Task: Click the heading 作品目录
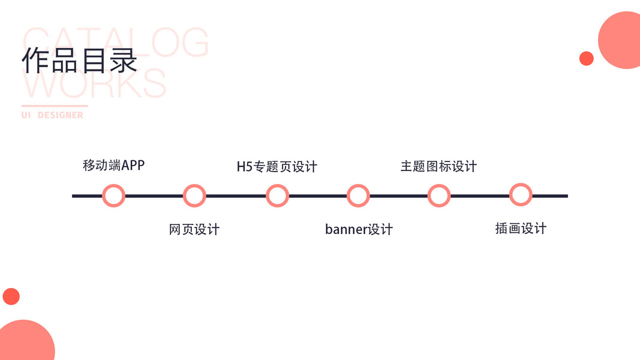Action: [80, 60]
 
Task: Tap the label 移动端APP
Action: [113, 165]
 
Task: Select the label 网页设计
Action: [194, 229]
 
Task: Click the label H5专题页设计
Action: [277, 167]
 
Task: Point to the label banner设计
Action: [359, 229]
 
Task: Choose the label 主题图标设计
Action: [438, 166]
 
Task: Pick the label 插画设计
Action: [521, 229]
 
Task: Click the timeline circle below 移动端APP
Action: [113, 196]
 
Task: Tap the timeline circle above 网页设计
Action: [194, 196]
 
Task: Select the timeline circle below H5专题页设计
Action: [277, 196]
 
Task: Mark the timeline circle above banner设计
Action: [358, 196]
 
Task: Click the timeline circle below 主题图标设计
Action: [439, 196]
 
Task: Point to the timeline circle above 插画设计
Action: [521, 195]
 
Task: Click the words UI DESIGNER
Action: [52, 115]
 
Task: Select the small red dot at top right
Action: [587, 58]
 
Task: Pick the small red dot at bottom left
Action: [11, 296]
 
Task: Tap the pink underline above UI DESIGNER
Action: [55, 106]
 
